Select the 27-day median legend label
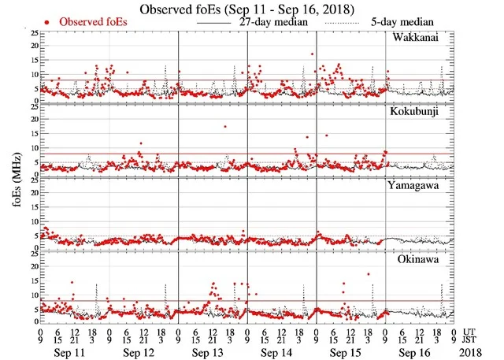(x=272, y=22)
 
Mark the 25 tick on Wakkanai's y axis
(x=33, y=32)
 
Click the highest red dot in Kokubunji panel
(x=224, y=126)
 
